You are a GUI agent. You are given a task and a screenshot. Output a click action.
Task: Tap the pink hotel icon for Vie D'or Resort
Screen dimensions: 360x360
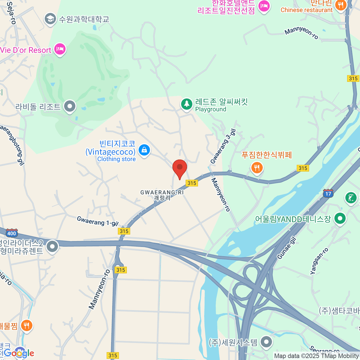[60, 49]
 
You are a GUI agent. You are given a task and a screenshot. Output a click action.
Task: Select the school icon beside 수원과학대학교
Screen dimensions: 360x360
[50, 19]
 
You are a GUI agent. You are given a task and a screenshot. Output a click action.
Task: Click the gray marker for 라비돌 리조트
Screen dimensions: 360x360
[70, 106]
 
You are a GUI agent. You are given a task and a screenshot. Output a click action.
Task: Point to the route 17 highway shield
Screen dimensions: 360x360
[328, 193]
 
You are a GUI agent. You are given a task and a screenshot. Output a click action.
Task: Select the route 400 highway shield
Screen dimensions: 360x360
[12, 233]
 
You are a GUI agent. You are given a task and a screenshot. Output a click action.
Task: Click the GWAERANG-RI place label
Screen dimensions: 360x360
[162, 193]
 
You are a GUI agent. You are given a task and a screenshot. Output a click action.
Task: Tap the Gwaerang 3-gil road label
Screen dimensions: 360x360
[223, 146]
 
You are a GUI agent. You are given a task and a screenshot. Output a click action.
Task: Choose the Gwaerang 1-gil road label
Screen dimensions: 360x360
[97, 221]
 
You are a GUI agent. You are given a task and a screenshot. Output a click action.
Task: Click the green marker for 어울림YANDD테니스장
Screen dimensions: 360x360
[340, 219]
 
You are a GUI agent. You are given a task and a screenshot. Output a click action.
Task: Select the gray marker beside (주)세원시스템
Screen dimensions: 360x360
[266, 342]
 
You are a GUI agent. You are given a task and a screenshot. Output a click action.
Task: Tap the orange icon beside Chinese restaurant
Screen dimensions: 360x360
[340, 5]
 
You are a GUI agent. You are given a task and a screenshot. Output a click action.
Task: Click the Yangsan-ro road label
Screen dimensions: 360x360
[319, 261]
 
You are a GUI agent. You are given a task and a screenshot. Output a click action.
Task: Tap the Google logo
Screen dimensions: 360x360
[19, 353]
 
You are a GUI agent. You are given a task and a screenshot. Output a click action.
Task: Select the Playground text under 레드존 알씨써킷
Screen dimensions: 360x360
[211, 109]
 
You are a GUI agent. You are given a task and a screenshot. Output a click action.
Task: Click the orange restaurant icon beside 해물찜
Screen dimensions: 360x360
[27, 325]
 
